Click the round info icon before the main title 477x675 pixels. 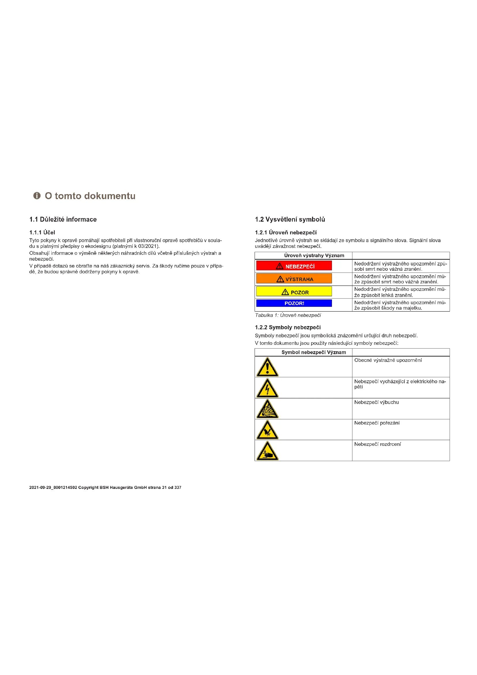[x=37, y=196]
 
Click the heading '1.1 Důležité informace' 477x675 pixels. [x=63, y=219]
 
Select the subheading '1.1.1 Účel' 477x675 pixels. [x=42, y=233]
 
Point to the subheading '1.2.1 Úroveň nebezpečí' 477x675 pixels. [x=286, y=233]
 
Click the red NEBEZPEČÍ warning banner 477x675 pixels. [x=294, y=266]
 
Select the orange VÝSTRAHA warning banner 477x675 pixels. [x=294, y=278]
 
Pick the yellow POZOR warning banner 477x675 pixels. [x=294, y=291]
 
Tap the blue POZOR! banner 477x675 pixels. [x=294, y=303]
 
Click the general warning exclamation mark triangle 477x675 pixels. [x=267, y=367]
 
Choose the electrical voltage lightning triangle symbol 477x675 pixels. [x=267, y=388]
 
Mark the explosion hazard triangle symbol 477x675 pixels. [x=267, y=409]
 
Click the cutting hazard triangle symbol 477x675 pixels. [x=267, y=430]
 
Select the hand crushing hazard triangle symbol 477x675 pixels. [x=267, y=451]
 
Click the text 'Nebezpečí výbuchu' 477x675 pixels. [x=376, y=402]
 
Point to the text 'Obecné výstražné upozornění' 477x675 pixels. [x=388, y=360]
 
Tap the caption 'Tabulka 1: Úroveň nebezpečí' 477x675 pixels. [x=288, y=315]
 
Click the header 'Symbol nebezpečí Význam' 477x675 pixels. [x=313, y=352]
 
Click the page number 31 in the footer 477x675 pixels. [x=164, y=487]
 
